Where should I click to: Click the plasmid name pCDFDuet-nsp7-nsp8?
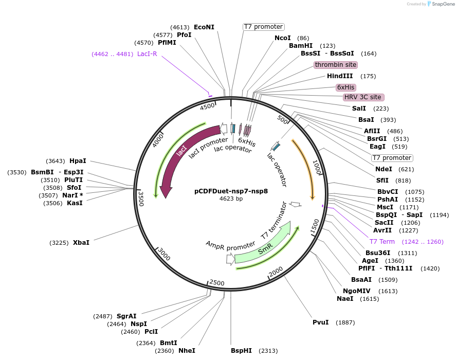click(x=231, y=190)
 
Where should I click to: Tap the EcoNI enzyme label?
click(x=204, y=27)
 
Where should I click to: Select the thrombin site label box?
click(x=336, y=65)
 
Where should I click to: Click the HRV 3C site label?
click(x=363, y=97)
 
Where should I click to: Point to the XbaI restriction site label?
click(x=81, y=242)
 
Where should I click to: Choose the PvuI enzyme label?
click(x=320, y=322)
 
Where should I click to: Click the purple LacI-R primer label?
click(x=147, y=54)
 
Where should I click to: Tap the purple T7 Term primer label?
click(x=382, y=242)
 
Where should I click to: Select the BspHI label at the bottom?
click(x=241, y=351)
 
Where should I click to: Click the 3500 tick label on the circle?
click(x=141, y=198)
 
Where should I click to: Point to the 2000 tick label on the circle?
click(x=276, y=271)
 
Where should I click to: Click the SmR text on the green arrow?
click(x=265, y=249)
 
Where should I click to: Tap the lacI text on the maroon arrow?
click(x=181, y=151)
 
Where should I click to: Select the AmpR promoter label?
click(x=230, y=245)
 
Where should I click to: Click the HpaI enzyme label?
click(x=78, y=161)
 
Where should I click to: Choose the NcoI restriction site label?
click(x=282, y=38)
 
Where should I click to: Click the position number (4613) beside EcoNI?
click(x=179, y=27)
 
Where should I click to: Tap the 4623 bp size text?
click(x=231, y=199)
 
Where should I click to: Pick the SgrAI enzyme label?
click(x=126, y=316)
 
